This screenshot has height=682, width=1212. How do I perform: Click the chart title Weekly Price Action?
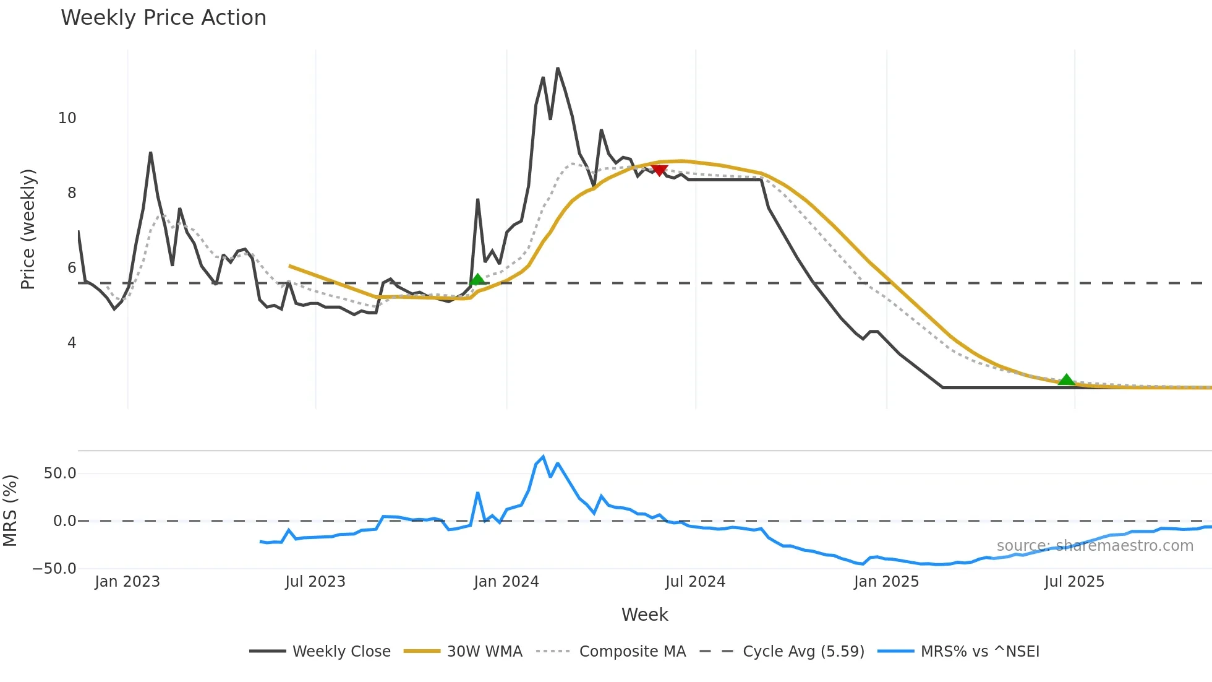(163, 17)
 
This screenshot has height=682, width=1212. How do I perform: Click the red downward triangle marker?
(659, 170)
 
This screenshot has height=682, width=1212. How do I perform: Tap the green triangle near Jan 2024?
(477, 280)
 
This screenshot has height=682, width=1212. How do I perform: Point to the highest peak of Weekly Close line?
(558, 68)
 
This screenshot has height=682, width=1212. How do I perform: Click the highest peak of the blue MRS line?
(543, 457)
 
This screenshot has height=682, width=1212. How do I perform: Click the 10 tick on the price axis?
(67, 118)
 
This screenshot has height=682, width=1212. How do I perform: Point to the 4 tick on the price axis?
(72, 343)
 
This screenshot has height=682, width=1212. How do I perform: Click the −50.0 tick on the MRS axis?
(54, 568)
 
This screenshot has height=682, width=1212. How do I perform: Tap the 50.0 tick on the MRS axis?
(60, 473)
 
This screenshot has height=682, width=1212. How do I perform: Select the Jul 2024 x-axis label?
(695, 582)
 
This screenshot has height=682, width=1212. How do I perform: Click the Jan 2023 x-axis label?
(127, 582)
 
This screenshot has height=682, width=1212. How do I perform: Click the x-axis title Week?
(644, 615)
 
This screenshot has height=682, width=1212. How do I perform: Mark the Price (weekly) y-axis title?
(28, 229)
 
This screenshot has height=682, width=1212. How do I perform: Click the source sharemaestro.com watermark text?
(1095, 546)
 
